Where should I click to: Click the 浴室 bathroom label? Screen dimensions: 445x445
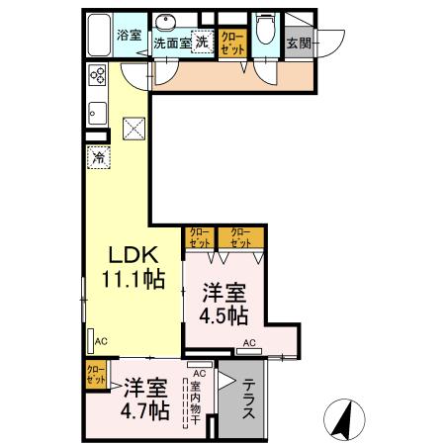(130, 35)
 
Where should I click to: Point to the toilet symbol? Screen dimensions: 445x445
(263, 30)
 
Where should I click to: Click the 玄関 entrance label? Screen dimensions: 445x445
(297, 43)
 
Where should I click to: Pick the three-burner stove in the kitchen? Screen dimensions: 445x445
(98, 76)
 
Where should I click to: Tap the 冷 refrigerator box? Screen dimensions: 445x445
(98, 155)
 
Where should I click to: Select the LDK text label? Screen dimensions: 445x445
(130, 251)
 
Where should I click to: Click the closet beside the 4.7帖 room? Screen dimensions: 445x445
(96, 376)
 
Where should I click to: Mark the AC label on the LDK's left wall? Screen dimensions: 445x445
(100, 341)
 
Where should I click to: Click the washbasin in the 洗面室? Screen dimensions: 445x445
(165, 24)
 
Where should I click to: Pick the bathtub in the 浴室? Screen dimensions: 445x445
(98, 36)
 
